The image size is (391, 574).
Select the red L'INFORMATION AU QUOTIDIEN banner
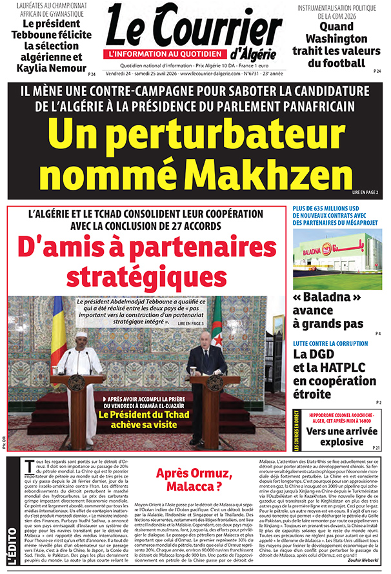166,54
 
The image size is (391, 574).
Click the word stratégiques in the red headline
143,276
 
